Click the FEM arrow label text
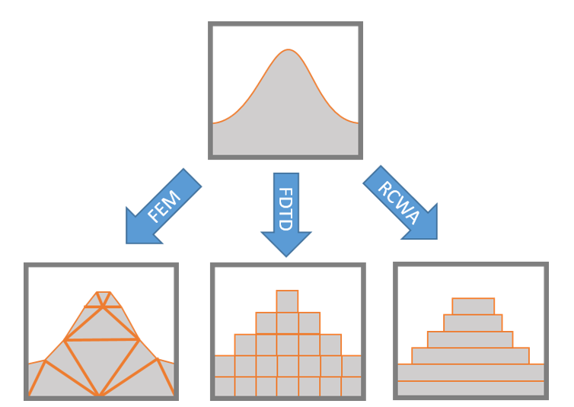[x=164, y=205]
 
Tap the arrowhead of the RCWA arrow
[x=425, y=224]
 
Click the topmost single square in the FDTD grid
[x=287, y=301]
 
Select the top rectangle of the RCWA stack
[x=473, y=307]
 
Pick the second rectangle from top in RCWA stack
[x=473, y=323]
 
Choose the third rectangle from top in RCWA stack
[x=470, y=339]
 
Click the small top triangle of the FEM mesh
[x=104, y=297]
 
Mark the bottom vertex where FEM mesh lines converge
[x=100, y=396]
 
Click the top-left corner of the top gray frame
[x=212, y=25]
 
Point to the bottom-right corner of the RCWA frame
[x=545, y=396]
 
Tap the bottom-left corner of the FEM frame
[x=27, y=397]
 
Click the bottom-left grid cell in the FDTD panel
[x=225, y=386]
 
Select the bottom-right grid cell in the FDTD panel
[x=352, y=386]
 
